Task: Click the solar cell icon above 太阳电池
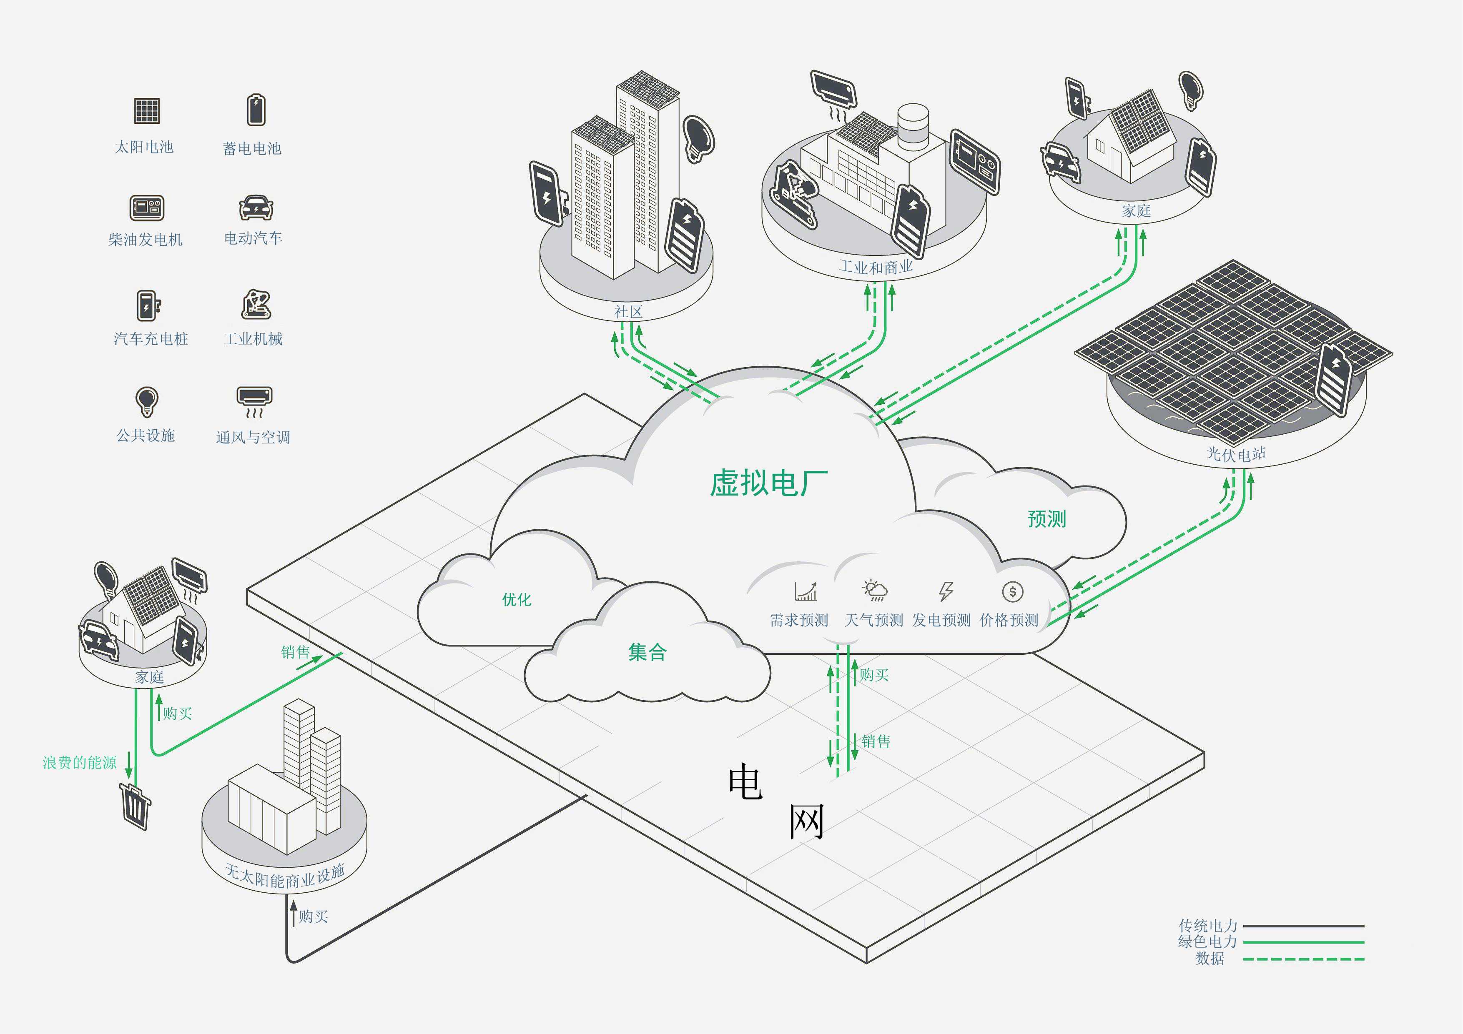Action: (x=147, y=111)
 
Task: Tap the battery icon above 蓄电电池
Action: (x=256, y=110)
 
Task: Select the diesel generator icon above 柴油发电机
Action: (x=147, y=208)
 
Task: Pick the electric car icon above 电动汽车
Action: (x=256, y=208)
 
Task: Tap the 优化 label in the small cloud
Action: (x=516, y=599)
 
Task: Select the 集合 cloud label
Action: (x=647, y=652)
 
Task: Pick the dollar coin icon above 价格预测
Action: (x=1012, y=591)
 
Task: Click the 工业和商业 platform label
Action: (x=876, y=266)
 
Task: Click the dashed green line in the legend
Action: (x=1303, y=959)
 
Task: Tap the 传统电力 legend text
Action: (x=1207, y=925)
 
